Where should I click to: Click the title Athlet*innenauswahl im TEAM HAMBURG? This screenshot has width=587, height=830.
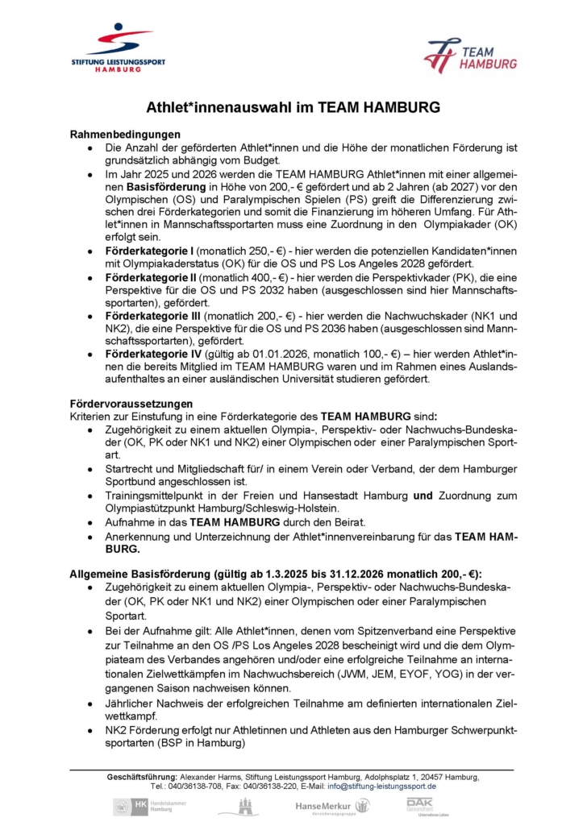293,106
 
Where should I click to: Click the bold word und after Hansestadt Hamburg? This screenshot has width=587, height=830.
423,496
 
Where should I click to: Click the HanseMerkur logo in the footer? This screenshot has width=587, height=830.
332,806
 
